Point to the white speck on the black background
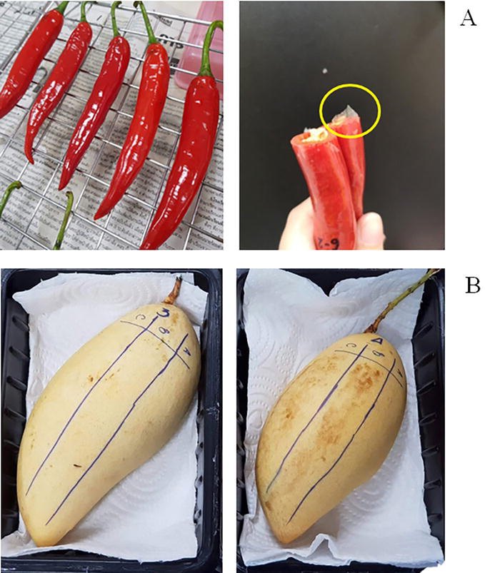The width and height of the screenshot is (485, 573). tap(326, 71)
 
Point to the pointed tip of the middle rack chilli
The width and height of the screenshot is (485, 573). tap(63, 184)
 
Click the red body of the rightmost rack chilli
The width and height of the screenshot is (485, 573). tap(187, 164)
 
